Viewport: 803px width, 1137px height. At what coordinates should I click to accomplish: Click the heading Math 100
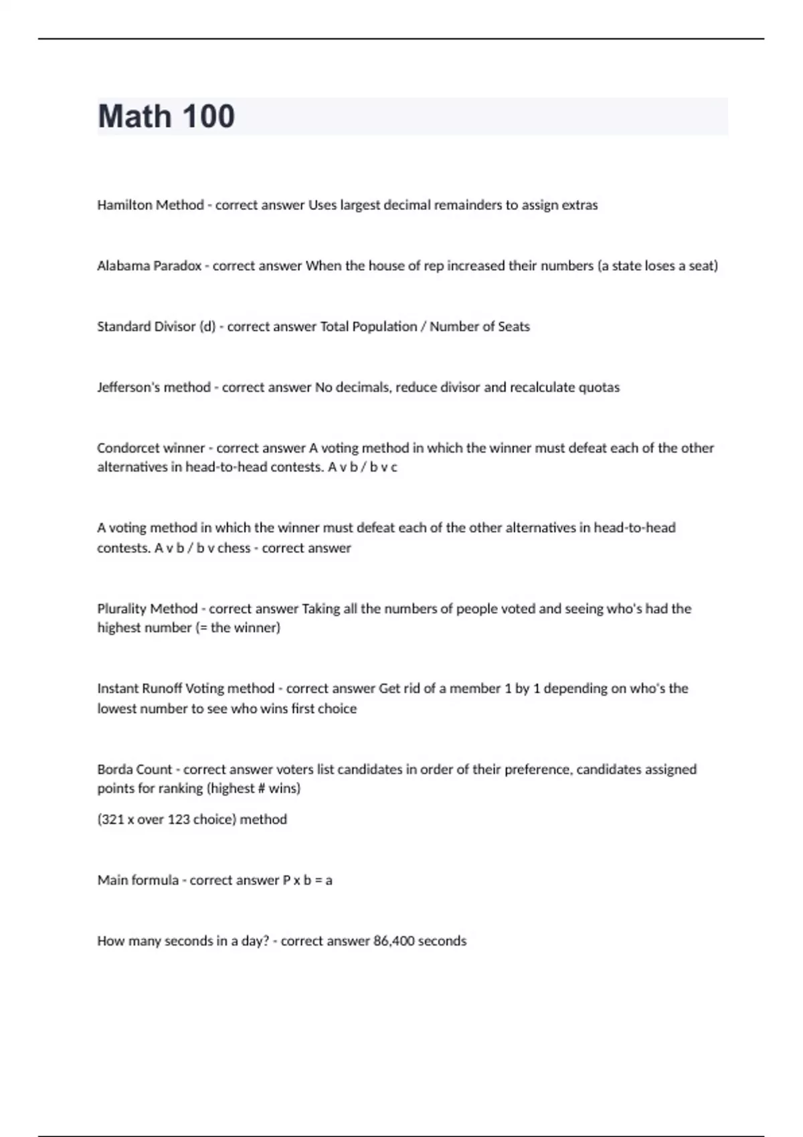pyautogui.click(x=166, y=116)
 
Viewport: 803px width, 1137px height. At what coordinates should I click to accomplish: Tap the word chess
pyautogui.click(x=234, y=548)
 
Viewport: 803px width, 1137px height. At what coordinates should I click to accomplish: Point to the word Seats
pyautogui.click(x=513, y=327)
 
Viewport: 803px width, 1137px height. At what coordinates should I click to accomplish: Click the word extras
pyautogui.click(x=579, y=205)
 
